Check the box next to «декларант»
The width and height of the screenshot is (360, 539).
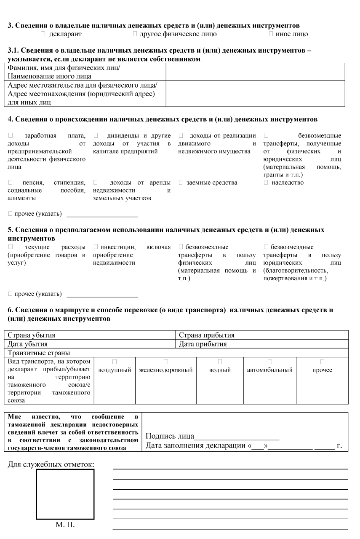pos(43,34)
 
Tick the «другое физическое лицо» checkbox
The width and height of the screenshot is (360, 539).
pos(135,34)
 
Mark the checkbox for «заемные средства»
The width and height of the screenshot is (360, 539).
pos(181,182)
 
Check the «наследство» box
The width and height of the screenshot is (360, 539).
pos(266,182)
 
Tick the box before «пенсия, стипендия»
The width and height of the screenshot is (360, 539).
pos(11,182)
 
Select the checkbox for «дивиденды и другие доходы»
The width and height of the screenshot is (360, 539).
pos(96,135)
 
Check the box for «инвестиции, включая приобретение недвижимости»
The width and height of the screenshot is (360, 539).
pos(96,247)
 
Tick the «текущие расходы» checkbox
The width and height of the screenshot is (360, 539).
pos(11,247)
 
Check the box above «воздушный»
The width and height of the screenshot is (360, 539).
pos(114,362)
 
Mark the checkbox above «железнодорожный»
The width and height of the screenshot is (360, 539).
pos(165,362)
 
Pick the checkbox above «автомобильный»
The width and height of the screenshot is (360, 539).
pos(269,362)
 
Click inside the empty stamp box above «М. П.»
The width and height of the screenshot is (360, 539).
pos(65,494)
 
